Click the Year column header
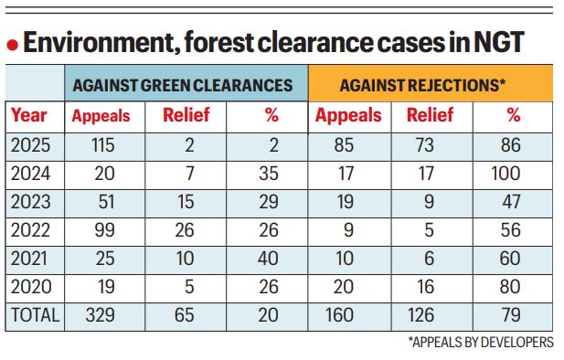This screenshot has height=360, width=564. [29, 115]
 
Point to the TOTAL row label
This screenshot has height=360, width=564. [34, 315]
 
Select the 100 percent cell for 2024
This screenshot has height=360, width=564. [512, 172]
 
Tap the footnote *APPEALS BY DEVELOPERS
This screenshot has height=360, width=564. [481, 343]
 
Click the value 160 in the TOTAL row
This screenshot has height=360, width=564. [346, 315]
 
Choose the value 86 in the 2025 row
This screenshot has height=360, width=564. [512, 143]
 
